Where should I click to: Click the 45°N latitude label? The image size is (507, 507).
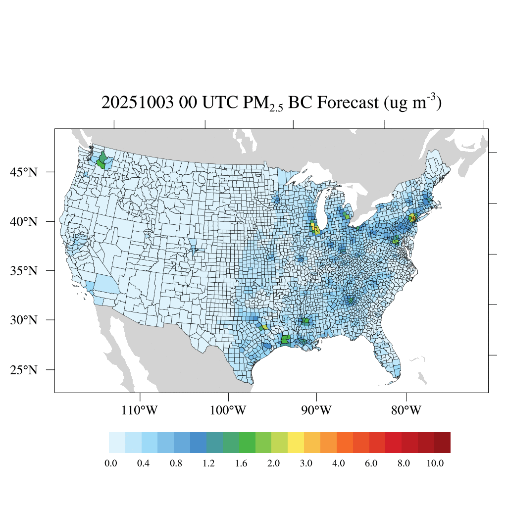[x=24, y=172]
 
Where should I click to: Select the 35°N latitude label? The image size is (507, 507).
[x=24, y=271]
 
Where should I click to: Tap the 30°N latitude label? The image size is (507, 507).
[x=24, y=320]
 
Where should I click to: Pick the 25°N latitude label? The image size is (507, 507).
[x=24, y=370]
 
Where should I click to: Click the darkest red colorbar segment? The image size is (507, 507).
[x=442, y=443]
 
